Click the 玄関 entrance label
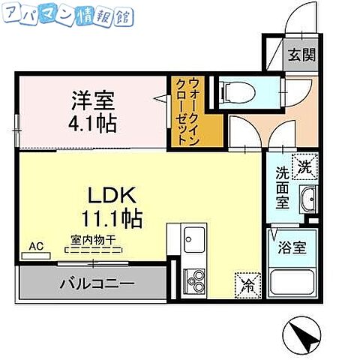(x=304, y=56)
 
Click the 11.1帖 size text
(x=112, y=220)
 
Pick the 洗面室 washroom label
(x=281, y=187)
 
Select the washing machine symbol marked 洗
(x=305, y=166)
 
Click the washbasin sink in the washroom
(x=307, y=200)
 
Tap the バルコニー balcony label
(x=97, y=284)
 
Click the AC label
(x=35, y=245)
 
